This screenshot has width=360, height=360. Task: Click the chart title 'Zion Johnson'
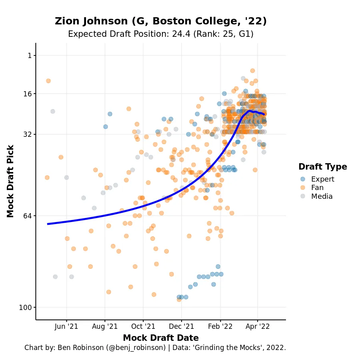(160, 21)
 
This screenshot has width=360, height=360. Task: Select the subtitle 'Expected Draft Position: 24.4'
(160, 34)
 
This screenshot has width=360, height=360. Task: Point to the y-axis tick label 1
(29, 56)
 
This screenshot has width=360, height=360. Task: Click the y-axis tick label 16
(27, 94)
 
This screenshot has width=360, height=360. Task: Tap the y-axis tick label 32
(27, 134)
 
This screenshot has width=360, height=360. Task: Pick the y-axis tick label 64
(27, 216)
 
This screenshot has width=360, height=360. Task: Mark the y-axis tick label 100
(26, 308)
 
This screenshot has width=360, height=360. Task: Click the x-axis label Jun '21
(66, 326)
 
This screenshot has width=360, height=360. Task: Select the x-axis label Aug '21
(105, 326)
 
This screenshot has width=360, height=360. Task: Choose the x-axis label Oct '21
(143, 326)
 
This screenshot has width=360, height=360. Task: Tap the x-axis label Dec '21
(181, 326)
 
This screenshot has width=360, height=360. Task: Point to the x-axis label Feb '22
(220, 326)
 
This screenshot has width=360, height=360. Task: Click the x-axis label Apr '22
(258, 326)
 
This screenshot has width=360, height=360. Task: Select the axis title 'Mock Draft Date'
(160, 338)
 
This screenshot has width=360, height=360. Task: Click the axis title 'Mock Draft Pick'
(11, 181)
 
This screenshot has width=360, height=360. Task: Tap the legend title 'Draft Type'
(322, 167)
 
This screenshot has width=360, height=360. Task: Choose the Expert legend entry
(322, 179)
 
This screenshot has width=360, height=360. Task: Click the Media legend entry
(322, 196)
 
